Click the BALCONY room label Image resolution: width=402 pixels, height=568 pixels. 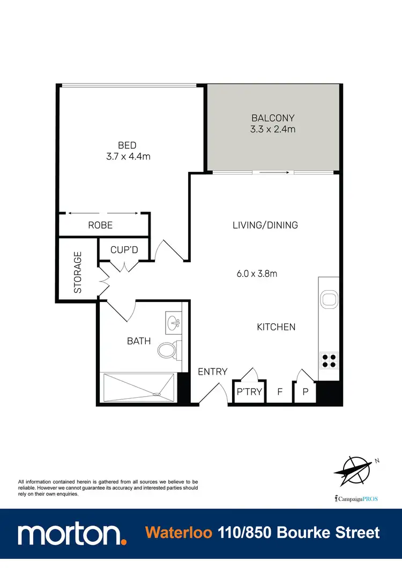click(x=273, y=118)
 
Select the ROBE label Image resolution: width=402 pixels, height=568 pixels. click(x=100, y=225)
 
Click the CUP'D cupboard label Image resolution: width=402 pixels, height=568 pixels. click(x=124, y=249)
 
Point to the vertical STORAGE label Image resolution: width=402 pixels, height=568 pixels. click(x=78, y=272)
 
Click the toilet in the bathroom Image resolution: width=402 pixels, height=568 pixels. click(x=167, y=351)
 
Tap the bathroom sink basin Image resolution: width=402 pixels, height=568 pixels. click(x=174, y=323)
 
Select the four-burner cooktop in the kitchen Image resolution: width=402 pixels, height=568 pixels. click(x=328, y=360)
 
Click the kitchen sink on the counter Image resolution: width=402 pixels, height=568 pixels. click(x=328, y=300)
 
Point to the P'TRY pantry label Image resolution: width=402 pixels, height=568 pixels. click(x=250, y=392)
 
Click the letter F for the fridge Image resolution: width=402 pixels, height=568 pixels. click(x=279, y=392)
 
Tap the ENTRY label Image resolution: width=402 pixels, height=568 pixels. click(x=213, y=372)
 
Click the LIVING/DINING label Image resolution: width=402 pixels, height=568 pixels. click(x=265, y=225)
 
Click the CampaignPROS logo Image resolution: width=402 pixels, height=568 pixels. click(x=355, y=498)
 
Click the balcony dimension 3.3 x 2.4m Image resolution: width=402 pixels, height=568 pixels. click(x=273, y=129)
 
